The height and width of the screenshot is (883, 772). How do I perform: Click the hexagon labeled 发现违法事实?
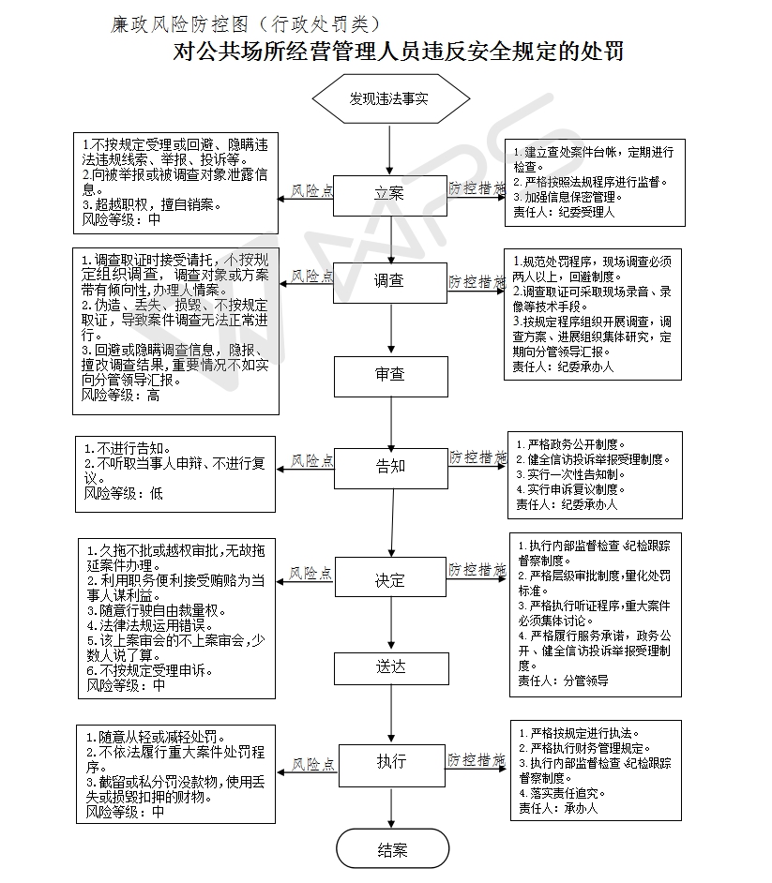pyautogui.click(x=390, y=98)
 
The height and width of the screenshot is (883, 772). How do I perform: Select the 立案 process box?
pyautogui.click(x=390, y=194)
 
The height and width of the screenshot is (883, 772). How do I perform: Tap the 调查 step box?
pyautogui.click(x=390, y=280)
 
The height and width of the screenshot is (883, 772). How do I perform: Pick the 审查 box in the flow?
pyautogui.click(x=390, y=375)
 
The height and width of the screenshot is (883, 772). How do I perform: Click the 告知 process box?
pyautogui.click(x=390, y=466)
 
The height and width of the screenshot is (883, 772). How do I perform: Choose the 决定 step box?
pyautogui.click(x=390, y=580)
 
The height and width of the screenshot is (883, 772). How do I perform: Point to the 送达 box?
pyautogui.click(x=390, y=667)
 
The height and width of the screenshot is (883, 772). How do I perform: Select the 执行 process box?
pyautogui.click(x=390, y=761)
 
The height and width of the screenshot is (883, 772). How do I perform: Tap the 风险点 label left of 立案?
pyautogui.click(x=312, y=190)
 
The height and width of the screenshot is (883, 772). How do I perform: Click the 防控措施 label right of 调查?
pyautogui.click(x=477, y=281)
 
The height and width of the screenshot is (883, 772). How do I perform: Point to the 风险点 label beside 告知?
pyautogui.click(x=312, y=460)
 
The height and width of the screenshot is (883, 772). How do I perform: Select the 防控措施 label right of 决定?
pyautogui.click(x=477, y=569)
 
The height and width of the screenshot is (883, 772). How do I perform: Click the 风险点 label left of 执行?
pyautogui.click(x=312, y=765)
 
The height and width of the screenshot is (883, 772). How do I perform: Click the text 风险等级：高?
pyautogui.click(x=121, y=396)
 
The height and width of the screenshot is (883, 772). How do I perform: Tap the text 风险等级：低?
pyautogui.click(x=123, y=493)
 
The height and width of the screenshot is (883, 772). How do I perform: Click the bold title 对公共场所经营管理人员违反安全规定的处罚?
pyautogui.click(x=399, y=51)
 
